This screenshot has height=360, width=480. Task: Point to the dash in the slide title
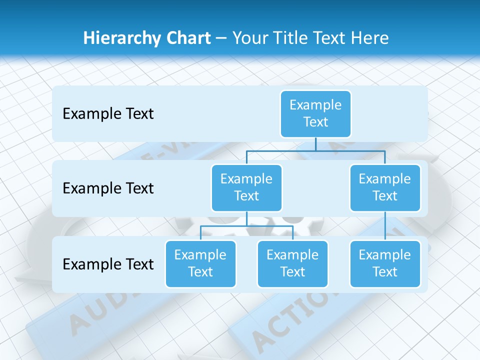pyautogui.click(x=221, y=38)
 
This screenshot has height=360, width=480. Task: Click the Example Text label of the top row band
pyautogui.click(x=108, y=114)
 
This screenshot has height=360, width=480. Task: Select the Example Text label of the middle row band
pyautogui.click(x=108, y=188)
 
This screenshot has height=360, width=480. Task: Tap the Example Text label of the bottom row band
pyautogui.click(x=108, y=264)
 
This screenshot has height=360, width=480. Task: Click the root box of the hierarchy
pyautogui.click(x=315, y=114)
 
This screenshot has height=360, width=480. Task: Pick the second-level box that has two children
pyautogui.click(x=246, y=188)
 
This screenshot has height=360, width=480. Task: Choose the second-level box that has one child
pyautogui.click(x=385, y=188)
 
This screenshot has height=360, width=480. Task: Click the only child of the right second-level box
pyautogui.click(x=385, y=264)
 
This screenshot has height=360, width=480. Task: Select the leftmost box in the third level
pyautogui.click(x=200, y=264)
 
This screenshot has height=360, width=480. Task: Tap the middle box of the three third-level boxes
pyautogui.click(x=292, y=264)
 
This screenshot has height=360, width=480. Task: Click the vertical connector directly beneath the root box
pyautogui.click(x=315, y=144)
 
